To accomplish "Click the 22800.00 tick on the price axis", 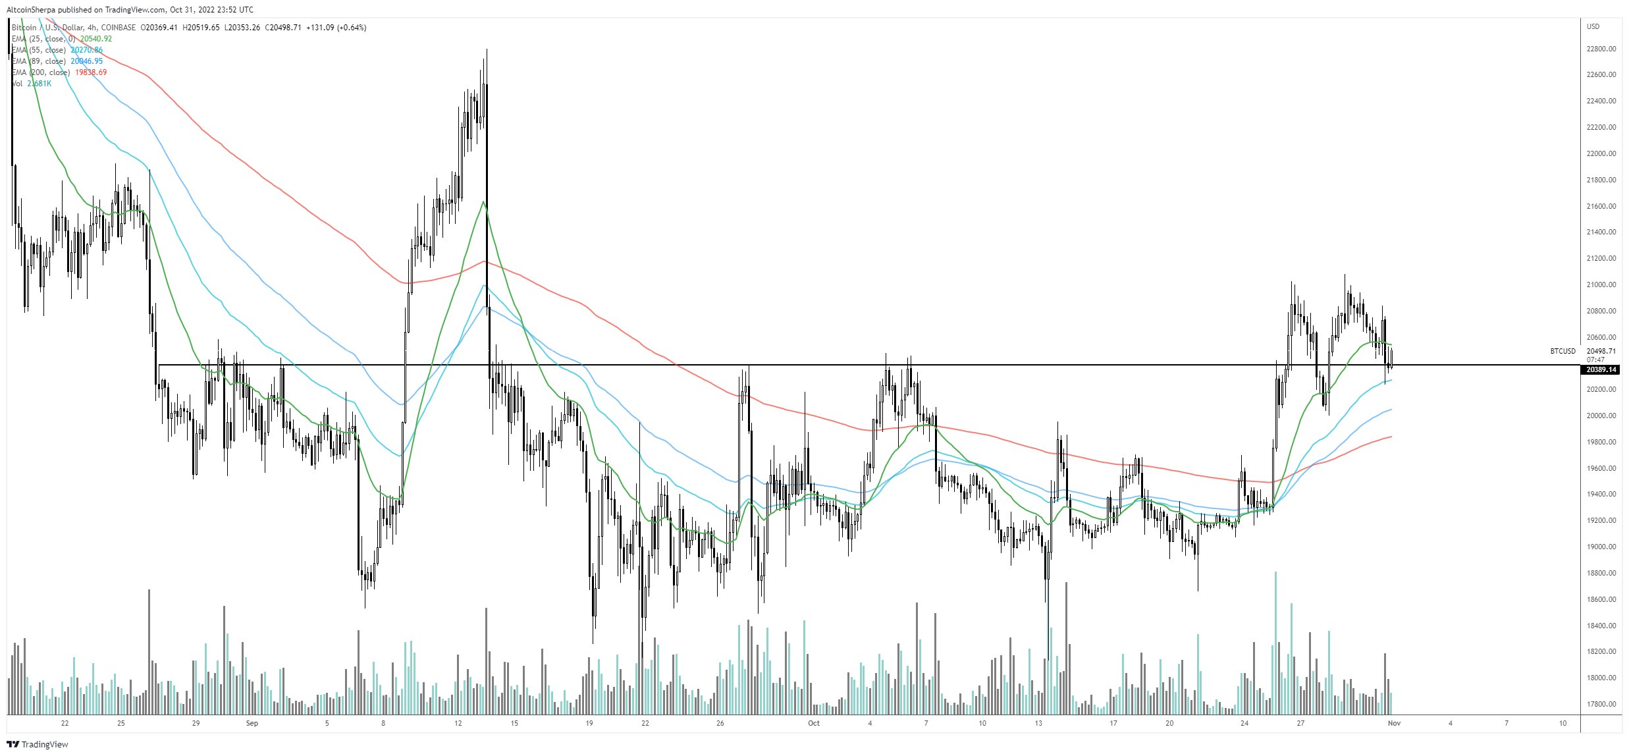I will pos(1601,49).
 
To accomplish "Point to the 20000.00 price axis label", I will pos(1601,416).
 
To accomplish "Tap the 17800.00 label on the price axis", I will pos(1601,704).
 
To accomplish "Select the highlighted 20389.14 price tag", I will pos(1601,370).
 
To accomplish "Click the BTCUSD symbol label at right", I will pos(1562,352).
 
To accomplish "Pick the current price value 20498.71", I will pos(1602,352).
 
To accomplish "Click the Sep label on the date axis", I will pos(252,723).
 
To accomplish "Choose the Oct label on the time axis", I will pos(814,723).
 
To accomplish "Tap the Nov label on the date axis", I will pos(1394,723).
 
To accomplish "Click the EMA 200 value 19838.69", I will pos(91,72).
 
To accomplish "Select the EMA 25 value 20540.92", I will pos(96,39).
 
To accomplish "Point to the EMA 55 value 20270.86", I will pos(86,50).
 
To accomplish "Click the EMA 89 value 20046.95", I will pos(86,61).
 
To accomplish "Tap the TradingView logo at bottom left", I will pos(38,744).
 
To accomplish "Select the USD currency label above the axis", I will pos(1593,27).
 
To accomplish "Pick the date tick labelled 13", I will pos(1038,723).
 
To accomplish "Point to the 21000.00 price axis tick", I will pos(1601,284).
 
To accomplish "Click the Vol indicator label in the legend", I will pos(17,84).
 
